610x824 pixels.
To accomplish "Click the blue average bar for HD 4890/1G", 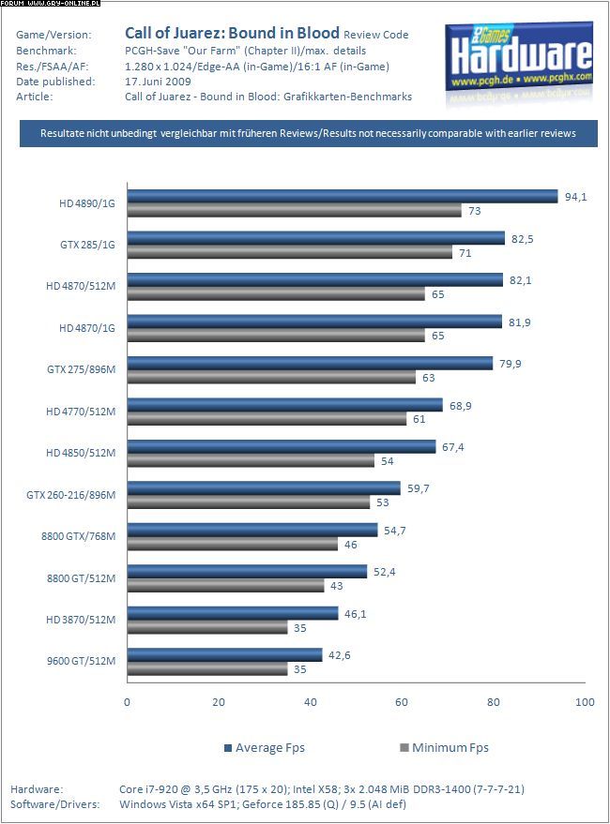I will pyautogui.click(x=343, y=196).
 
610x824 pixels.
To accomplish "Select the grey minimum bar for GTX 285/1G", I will pyautogui.click(x=289, y=252).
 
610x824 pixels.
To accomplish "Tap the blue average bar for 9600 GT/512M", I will pyautogui.click(x=224, y=654).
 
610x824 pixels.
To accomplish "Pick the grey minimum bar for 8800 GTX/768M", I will pyautogui.click(x=232, y=544).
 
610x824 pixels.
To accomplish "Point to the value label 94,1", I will pyautogui.click(x=574, y=196).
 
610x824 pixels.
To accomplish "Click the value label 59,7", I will pyautogui.click(x=418, y=487).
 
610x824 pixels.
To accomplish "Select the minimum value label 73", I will pyautogui.click(x=474, y=211).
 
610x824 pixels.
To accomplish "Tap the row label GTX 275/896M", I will pyautogui.click(x=81, y=369).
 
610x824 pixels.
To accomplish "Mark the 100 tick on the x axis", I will pyautogui.click(x=585, y=701).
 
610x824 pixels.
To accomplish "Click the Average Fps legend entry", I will pyautogui.click(x=265, y=747).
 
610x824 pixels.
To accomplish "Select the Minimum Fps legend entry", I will pyautogui.click(x=444, y=747).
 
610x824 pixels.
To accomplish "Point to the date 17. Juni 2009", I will pyautogui.click(x=158, y=82).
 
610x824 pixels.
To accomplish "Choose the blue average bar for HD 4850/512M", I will pyautogui.click(x=282, y=446).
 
